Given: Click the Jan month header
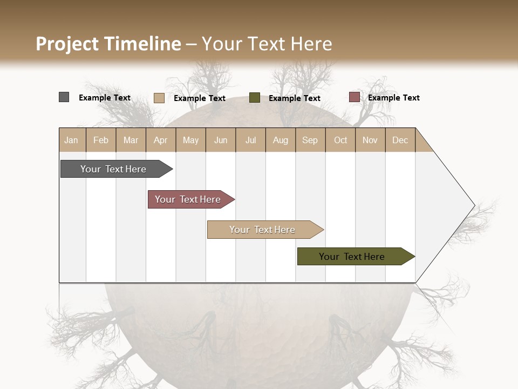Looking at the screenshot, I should pos(72,140).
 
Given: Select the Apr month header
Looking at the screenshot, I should pos(161,140).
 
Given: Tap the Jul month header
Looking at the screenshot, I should pos(250,140).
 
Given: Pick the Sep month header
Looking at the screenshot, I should pos(310,140).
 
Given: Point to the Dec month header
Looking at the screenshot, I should pos(400,140).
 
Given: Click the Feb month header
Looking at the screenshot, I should pos(101,140).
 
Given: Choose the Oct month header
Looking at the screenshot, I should pos(340,140).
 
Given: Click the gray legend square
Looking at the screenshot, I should pos(64,97).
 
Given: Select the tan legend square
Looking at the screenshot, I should pos(159,98).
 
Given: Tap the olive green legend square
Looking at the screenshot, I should pos(254,98).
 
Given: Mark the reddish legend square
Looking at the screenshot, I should pos(354,97).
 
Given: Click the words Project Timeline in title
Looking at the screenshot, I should pos(108,44).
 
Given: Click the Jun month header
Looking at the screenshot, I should pos(221,140).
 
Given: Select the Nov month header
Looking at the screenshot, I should pos(370,140).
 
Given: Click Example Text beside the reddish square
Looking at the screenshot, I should pos(393,98).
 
